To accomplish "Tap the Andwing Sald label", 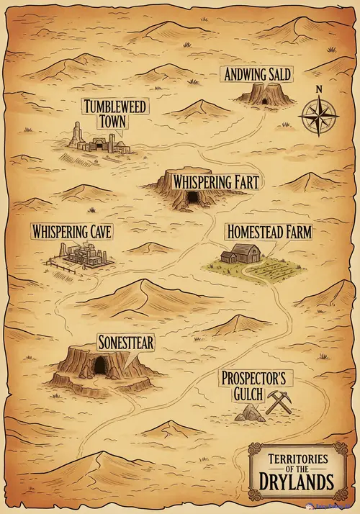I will (x=258, y=74).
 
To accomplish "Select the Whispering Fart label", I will (x=210, y=181).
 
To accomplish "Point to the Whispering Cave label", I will (x=71, y=232).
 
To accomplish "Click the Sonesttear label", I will (x=125, y=342).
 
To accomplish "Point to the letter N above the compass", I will (x=318, y=90).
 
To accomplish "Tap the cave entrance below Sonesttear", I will (x=99, y=366).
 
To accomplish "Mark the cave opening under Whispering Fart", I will (x=193, y=197).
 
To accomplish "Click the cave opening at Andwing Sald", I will (x=265, y=100).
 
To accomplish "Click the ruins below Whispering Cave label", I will (x=81, y=256).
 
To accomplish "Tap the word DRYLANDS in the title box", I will (x=297, y=481).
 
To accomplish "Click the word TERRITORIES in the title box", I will (x=297, y=459).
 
